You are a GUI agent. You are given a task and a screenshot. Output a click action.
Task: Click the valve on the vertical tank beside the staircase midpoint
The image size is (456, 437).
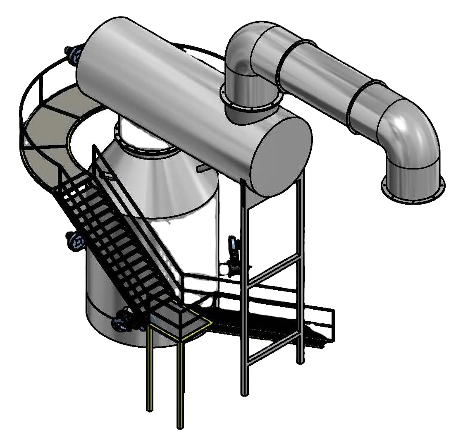(x=75, y=241)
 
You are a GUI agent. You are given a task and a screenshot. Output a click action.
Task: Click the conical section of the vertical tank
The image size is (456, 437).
(x=165, y=182)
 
